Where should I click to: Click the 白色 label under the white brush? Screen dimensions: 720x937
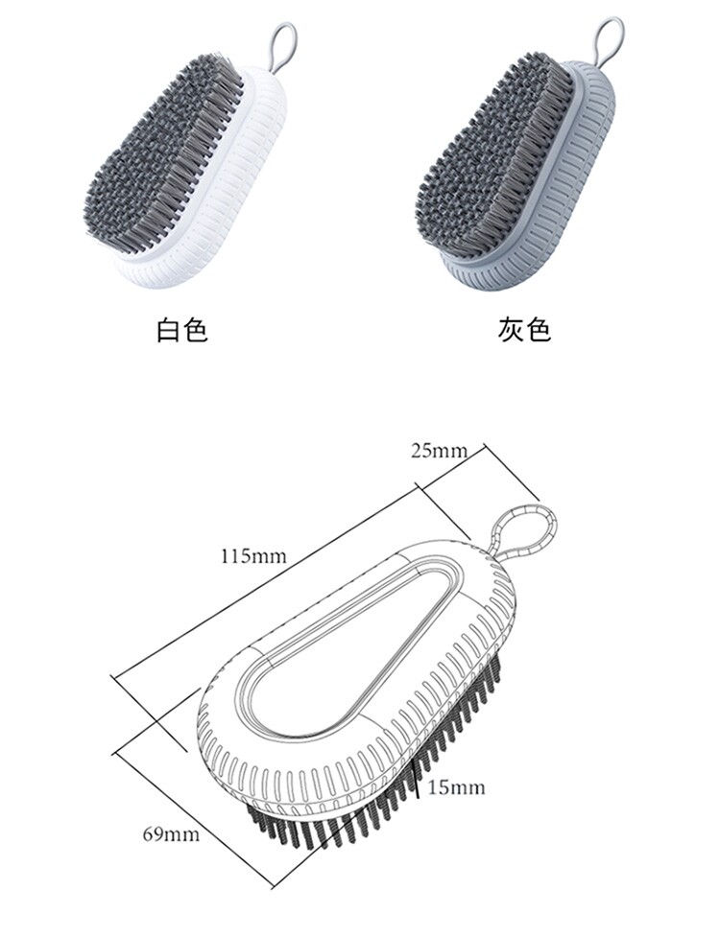[182, 331]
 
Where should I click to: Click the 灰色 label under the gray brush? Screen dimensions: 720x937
[524, 331]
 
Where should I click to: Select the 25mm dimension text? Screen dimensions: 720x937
[439, 451]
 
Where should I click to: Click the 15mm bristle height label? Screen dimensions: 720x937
[456, 788]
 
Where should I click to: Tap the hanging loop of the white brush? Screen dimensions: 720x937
[281, 43]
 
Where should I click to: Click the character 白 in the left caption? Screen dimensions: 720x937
[168, 331]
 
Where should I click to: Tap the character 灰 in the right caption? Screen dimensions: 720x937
[510, 331]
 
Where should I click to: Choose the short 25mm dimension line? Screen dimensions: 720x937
[451, 470]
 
